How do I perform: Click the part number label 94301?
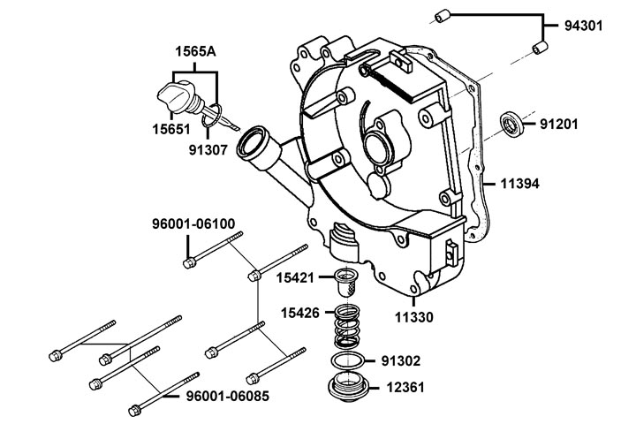(584, 26)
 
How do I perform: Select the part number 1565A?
(195, 52)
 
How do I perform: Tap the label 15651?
(171, 130)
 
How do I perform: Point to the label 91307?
(208, 150)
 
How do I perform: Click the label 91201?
(558, 125)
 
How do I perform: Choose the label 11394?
(520, 184)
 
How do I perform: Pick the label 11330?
(414, 317)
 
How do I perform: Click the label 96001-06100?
(193, 224)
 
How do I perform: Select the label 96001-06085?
(228, 396)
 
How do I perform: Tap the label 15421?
(295, 278)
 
